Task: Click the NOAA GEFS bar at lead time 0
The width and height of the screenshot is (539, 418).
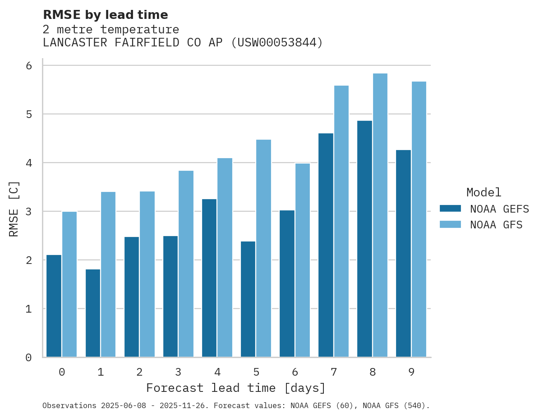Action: [x=54, y=306]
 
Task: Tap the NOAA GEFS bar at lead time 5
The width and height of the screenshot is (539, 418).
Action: [x=248, y=299]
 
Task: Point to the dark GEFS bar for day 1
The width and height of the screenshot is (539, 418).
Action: [x=93, y=313]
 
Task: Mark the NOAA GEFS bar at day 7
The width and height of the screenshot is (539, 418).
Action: [x=326, y=245]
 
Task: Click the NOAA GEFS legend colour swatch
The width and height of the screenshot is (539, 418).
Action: [x=450, y=208]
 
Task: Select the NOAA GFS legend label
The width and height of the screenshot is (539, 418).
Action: [x=496, y=225]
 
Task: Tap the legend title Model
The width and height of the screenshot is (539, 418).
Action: [x=484, y=193]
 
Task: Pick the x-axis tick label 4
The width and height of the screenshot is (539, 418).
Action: [x=217, y=373]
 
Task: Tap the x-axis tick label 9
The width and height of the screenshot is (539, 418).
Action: [x=411, y=373]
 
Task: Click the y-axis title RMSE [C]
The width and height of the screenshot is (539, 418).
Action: [x=14, y=209]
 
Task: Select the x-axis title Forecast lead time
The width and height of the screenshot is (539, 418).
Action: [x=235, y=388]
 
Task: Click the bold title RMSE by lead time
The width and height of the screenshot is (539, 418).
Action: [x=106, y=15]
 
